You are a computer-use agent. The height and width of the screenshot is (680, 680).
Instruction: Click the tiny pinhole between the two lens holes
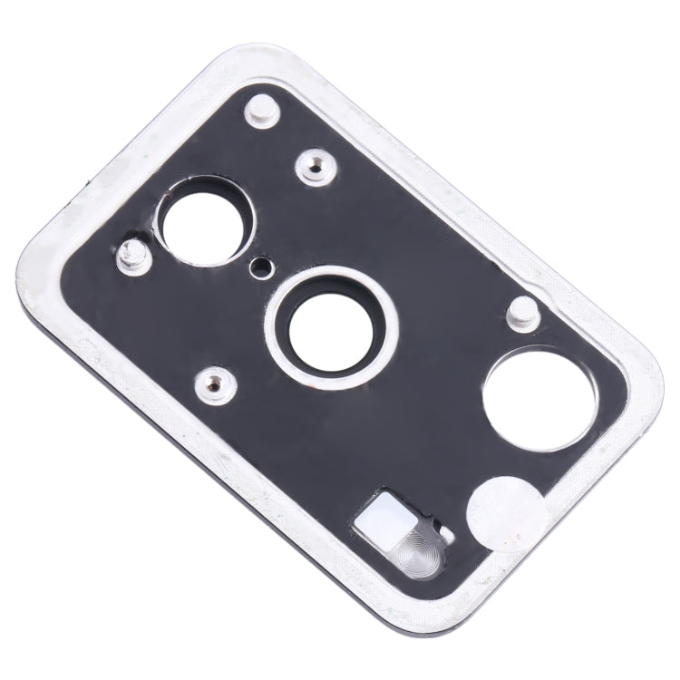tap(263, 267)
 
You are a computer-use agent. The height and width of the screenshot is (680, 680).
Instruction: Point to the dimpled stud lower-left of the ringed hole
tap(215, 380)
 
